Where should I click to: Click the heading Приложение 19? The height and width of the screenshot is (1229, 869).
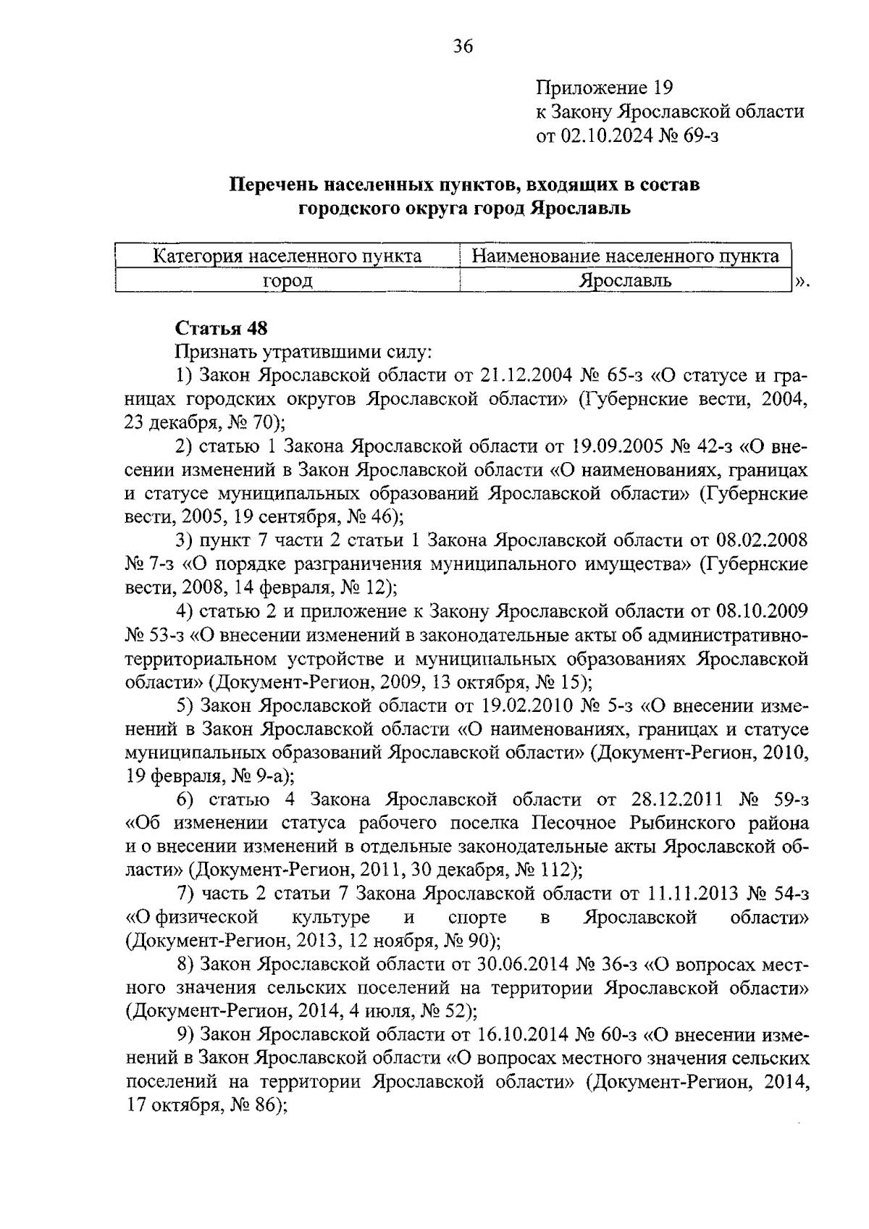[x=604, y=88]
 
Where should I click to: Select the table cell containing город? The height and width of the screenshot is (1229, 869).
[x=287, y=280]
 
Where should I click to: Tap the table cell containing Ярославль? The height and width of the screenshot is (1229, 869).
[x=625, y=280]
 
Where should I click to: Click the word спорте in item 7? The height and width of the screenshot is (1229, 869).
[x=477, y=918]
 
